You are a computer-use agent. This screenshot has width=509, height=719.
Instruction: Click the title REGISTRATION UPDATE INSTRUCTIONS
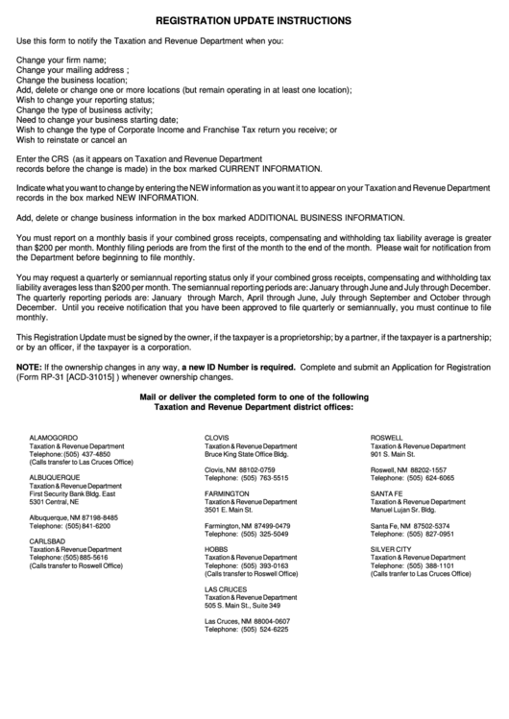(254, 20)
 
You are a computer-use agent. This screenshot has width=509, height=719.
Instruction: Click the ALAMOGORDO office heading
(54, 437)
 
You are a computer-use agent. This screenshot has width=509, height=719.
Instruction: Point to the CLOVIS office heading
(216, 437)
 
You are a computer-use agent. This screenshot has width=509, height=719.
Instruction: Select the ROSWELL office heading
(387, 437)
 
